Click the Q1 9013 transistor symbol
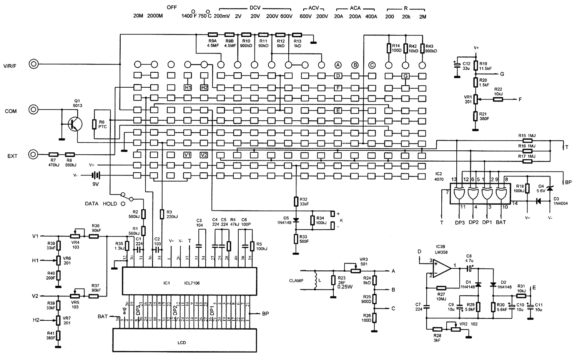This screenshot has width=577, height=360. click(x=74, y=124)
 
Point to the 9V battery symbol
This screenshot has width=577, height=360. click(x=95, y=176)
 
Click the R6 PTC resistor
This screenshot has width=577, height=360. click(x=94, y=124)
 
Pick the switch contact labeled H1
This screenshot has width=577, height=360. click(x=188, y=88)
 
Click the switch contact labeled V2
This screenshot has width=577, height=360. click(x=204, y=155)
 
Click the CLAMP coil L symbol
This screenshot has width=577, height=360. click(x=316, y=281)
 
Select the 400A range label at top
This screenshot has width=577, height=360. click(x=371, y=17)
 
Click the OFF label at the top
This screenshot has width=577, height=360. click(x=172, y=7)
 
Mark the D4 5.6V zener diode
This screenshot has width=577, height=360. click(x=549, y=188)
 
